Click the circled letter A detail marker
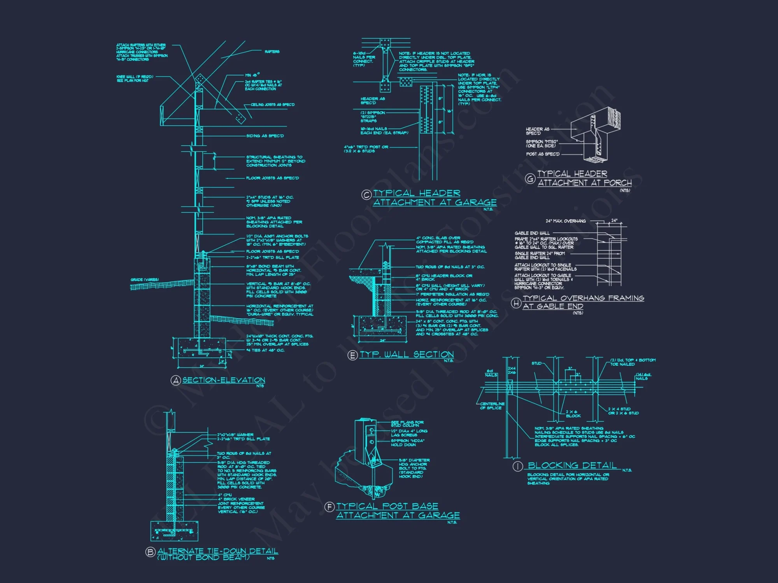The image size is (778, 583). click(176, 381)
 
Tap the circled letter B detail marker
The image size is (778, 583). click(150, 552)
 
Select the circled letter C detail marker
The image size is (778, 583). click(366, 195)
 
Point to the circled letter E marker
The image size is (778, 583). click(352, 355)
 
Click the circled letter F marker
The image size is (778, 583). click(329, 507)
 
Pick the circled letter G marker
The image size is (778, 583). click(530, 179)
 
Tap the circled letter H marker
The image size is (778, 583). click(516, 303)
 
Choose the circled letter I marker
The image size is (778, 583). click(517, 466)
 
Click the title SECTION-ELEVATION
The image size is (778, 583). click(224, 380)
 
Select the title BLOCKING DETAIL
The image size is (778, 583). click(572, 466)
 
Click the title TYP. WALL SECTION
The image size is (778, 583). click(407, 354)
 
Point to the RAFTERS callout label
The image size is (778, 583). click(272, 52)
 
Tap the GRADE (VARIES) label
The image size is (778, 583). click(145, 280)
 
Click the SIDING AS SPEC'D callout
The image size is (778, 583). click(265, 136)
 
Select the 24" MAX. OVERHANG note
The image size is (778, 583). click(566, 221)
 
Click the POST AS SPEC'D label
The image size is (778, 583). click(543, 154)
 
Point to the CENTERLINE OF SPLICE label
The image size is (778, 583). click(492, 406)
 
